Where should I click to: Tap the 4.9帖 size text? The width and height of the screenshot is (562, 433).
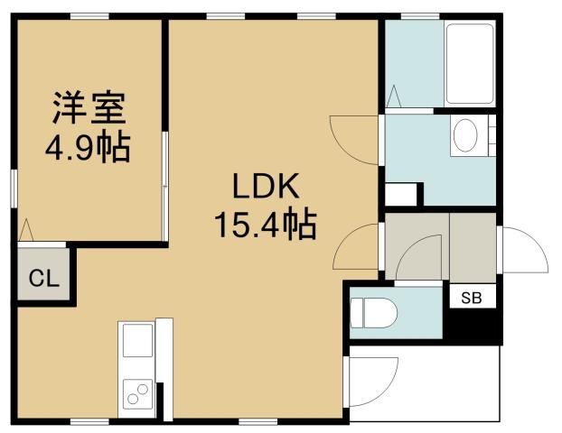pos(88,146)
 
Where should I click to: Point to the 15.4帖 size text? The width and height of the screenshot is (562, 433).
pos(265,223)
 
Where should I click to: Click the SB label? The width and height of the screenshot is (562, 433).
pos(473,298)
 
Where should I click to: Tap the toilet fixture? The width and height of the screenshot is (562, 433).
pos(371,312)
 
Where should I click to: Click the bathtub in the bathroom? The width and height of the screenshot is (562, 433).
pos(470,63)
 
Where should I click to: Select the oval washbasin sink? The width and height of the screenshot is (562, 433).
pos(466,136)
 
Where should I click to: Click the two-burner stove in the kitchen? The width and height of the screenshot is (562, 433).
pos(138,393)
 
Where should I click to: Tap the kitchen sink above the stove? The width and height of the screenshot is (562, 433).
pos(138,342)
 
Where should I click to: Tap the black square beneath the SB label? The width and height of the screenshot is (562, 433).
pos(475,327)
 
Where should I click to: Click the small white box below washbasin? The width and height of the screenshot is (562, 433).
pos(403,193)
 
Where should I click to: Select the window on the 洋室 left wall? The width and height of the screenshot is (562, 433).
pos(14,189)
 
